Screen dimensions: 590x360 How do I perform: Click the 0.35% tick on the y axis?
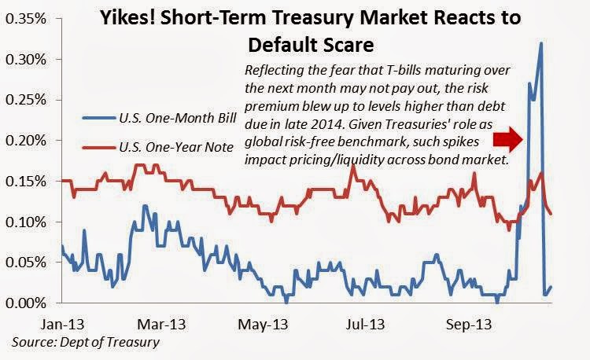point(26,19)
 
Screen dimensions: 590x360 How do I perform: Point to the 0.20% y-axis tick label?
point(26,141)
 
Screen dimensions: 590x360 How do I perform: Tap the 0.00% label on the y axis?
point(26,303)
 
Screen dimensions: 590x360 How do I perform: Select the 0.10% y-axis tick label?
point(26,222)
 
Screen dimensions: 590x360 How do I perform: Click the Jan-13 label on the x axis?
point(62,324)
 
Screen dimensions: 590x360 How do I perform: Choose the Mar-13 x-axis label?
point(161,324)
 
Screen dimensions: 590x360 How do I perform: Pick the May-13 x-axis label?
point(263,324)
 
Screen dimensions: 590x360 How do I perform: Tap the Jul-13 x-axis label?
point(365,324)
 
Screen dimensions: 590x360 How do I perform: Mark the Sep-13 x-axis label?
point(469,324)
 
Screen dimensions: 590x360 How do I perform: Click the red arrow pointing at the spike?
point(508,139)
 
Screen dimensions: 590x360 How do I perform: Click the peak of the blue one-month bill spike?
point(541,43)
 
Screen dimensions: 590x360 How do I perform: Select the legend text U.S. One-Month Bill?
point(178,118)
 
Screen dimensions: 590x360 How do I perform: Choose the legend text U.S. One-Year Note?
point(176,147)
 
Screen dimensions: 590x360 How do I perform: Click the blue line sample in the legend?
point(98,118)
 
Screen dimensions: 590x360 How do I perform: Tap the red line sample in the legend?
point(98,147)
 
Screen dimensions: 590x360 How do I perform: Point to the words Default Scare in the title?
point(311,45)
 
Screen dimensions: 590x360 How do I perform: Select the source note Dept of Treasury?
point(109,342)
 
